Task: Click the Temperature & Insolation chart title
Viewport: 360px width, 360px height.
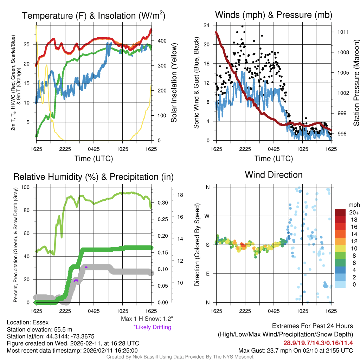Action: (x=94, y=15)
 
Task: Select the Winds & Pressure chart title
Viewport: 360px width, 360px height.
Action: (x=274, y=15)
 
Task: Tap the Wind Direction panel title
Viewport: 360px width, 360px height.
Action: (x=274, y=175)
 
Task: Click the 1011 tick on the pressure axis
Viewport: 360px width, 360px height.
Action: (x=343, y=32)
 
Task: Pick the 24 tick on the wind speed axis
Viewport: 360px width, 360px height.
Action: (x=207, y=25)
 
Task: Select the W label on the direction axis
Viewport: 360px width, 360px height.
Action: (x=207, y=216)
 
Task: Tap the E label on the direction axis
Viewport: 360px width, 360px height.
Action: (x=207, y=274)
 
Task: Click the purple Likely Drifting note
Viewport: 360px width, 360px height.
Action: (x=152, y=327)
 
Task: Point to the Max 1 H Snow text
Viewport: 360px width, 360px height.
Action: (x=147, y=319)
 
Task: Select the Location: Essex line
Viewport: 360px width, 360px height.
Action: (x=27, y=322)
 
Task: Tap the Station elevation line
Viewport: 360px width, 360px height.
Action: (x=39, y=329)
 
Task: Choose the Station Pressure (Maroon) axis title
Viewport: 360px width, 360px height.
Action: (x=356, y=83)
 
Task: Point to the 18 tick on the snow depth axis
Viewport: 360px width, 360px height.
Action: (x=179, y=194)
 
